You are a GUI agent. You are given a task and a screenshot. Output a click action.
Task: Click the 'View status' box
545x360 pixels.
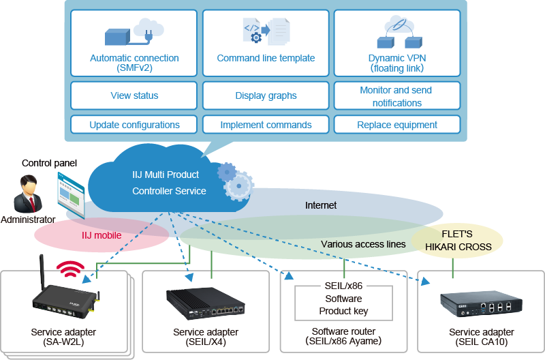[134, 96]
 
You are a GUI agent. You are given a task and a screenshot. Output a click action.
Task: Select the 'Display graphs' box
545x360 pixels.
[266, 96]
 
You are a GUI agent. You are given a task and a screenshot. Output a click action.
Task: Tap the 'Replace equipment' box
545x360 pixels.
[397, 125]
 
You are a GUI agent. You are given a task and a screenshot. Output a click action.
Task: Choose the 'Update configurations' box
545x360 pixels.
[134, 125]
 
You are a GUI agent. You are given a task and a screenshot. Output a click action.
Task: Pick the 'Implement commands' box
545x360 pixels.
[266, 125]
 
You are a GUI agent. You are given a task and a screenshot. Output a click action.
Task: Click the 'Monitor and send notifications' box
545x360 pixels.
[397, 96]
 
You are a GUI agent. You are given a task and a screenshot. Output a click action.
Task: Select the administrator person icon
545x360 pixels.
[27, 194]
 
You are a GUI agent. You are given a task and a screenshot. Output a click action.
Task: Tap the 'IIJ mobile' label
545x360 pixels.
[102, 235]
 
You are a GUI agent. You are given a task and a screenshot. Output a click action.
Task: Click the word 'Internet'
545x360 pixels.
[321, 205]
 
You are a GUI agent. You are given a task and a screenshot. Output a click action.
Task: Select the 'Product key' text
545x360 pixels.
[343, 311]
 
